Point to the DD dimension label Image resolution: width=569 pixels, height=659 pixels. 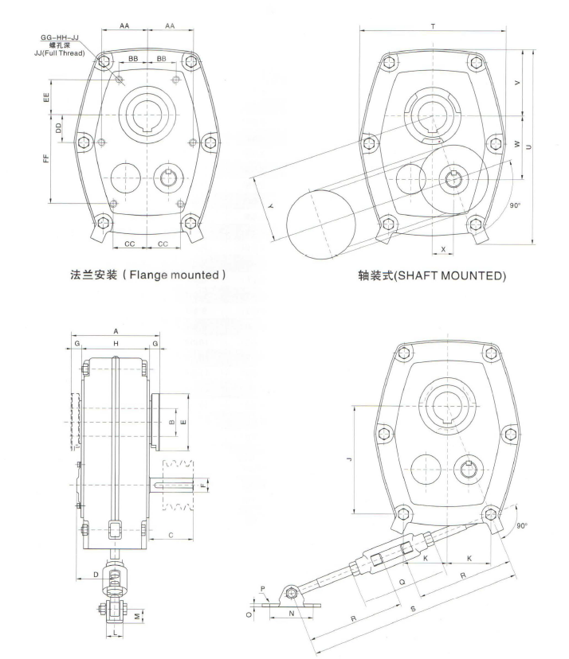pos(58,127)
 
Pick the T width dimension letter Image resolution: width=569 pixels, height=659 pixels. pos(432,26)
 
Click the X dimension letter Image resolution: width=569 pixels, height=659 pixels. pos(443,249)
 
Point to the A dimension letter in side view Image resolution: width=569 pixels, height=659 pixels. pos(116,329)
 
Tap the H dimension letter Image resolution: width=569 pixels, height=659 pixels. pos(116,342)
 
